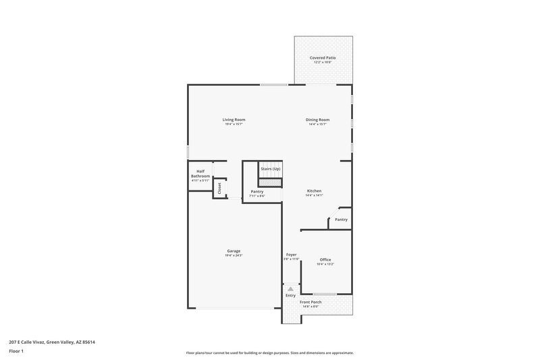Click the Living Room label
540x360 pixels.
pyautogui.click(x=234, y=120)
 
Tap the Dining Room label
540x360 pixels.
pyautogui.click(x=317, y=120)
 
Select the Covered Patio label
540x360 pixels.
pyautogui.click(x=323, y=58)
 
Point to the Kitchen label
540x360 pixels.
pyautogui.click(x=315, y=191)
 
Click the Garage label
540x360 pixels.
pyautogui.click(x=234, y=251)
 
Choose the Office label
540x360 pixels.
pyautogui.click(x=325, y=259)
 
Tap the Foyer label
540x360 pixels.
pyautogui.click(x=291, y=255)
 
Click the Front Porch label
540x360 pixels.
pyautogui.click(x=310, y=302)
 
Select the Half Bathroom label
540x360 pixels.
pyautogui.click(x=200, y=174)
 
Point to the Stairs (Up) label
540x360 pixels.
pyautogui.click(x=271, y=168)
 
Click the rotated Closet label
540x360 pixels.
pyautogui.click(x=219, y=189)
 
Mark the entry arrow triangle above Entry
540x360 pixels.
pyautogui.click(x=291, y=288)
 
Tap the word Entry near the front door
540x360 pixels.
pyautogui.click(x=291, y=295)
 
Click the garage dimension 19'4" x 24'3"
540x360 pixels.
pyautogui.click(x=234, y=256)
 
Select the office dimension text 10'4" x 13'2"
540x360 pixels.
pyautogui.click(x=325, y=264)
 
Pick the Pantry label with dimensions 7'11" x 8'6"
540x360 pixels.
pyautogui.click(x=256, y=191)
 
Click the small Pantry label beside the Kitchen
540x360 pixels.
pyautogui.click(x=342, y=219)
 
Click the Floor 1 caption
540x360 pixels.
pyautogui.click(x=16, y=351)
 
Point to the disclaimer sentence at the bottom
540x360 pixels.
pyautogui.click(x=270, y=353)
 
